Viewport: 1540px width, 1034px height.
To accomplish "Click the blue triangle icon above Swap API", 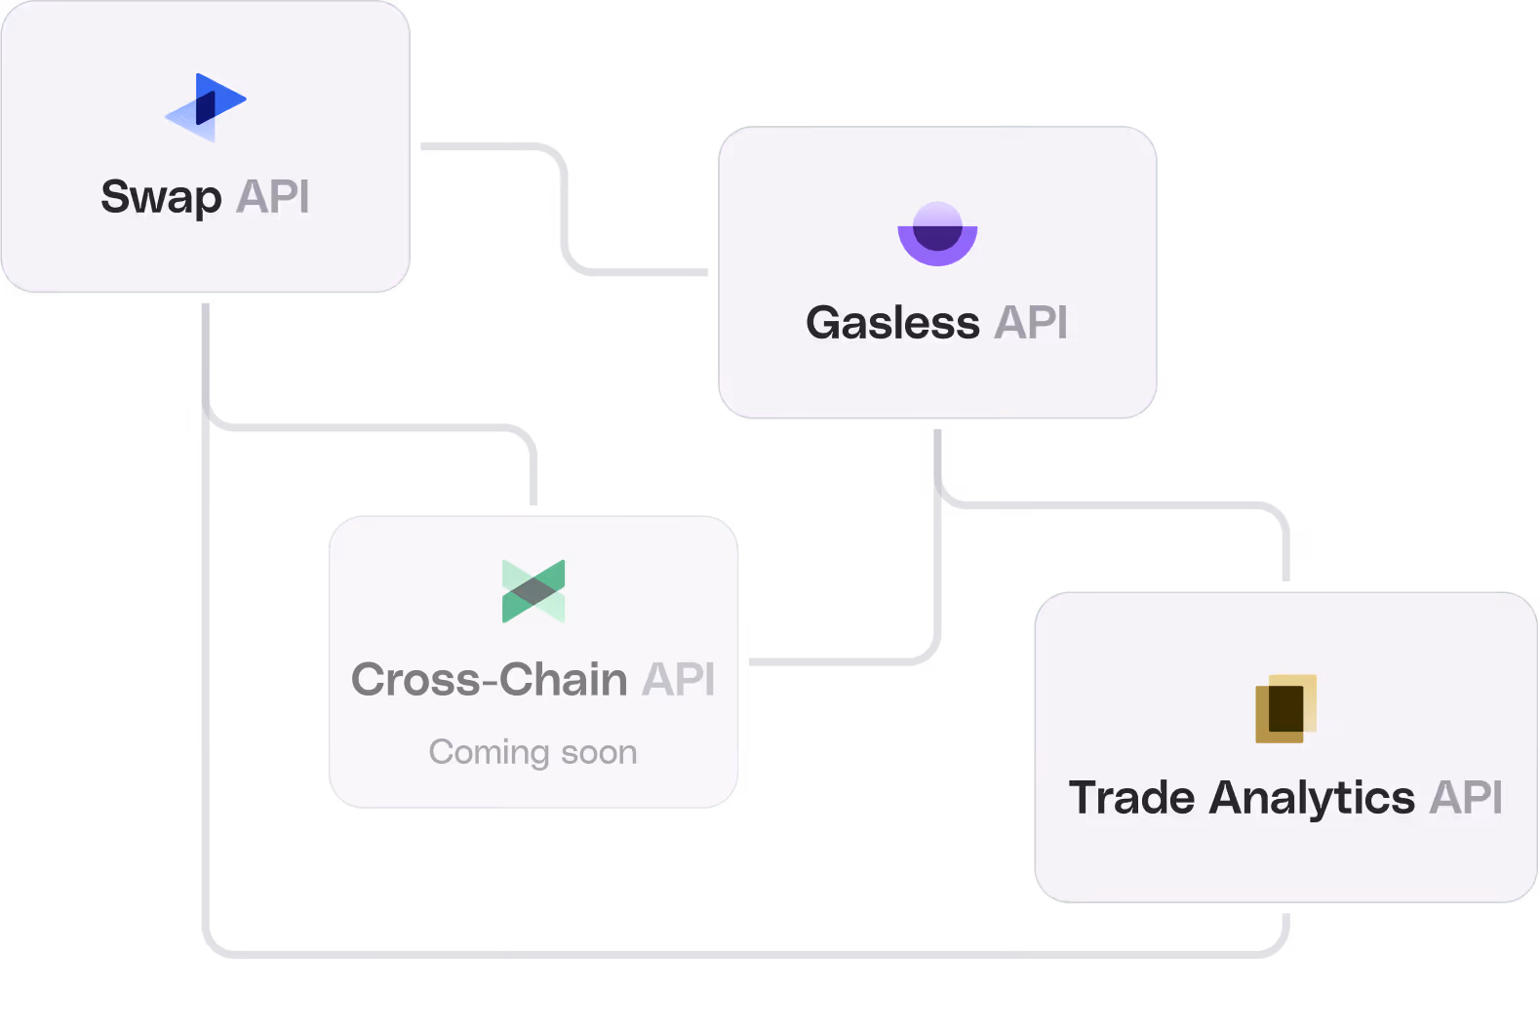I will point(206,106).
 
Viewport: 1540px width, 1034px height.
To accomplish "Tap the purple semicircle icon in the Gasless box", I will point(937,234).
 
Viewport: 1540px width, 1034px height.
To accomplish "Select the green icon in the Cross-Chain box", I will point(533,591).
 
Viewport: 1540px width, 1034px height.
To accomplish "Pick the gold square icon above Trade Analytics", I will point(1285,708).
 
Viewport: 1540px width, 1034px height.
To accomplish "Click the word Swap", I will point(161,198).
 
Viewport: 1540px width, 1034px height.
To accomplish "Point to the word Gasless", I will point(892,323).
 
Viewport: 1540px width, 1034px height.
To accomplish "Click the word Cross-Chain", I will point(489,679).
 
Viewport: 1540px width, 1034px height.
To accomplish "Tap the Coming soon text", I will point(533,752).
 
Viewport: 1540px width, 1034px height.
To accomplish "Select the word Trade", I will point(1131,798).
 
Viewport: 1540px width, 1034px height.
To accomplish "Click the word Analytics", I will point(1312,799).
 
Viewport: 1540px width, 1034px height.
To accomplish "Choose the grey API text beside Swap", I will point(273,197).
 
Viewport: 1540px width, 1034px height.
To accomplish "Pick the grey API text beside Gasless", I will point(1031,323).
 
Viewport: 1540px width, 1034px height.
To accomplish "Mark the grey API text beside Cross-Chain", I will point(679,679).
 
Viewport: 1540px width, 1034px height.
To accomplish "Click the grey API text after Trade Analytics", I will point(1466,798).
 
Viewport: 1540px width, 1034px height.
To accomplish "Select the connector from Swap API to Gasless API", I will point(565,210).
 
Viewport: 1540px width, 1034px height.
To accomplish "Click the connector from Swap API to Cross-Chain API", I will point(371,427).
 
